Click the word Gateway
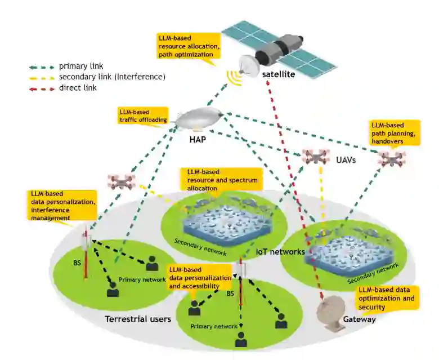coord(359,319)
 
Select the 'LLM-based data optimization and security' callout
coord(388,298)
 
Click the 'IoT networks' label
coord(280,251)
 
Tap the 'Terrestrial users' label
coord(138,319)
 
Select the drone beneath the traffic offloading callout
coord(122,181)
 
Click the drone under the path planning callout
coord(391,158)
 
